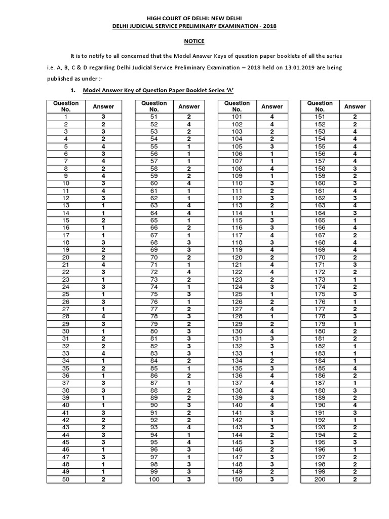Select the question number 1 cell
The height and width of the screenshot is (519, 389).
[x=66, y=117]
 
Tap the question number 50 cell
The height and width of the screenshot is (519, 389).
[x=66, y=479]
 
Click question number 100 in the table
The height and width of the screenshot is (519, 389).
[x=154, y=479]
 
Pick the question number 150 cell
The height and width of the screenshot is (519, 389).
[x=237, y=479]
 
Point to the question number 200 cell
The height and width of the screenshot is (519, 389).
[x=320, y=479]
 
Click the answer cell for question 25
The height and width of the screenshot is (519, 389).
[x=103, y=294]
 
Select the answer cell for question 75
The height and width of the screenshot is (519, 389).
[x=189, y=294]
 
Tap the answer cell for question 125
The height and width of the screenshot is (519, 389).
[x=271, y=294]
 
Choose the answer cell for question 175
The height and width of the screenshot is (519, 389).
[x=355, y=294]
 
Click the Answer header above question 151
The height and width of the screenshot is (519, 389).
[x=355, y=106]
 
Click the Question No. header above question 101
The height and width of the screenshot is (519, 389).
[x=237, y=106]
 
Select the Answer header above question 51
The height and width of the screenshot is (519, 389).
[x=189, y=106]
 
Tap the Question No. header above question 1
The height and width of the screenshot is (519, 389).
[x=66, y=106]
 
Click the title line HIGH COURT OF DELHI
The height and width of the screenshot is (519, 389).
[x=194, y=16]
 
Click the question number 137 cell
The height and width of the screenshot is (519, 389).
[x=237, y=383]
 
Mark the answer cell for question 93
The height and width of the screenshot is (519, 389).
[x=189, y=428]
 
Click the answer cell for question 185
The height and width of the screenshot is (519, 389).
[x=355, y=368]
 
